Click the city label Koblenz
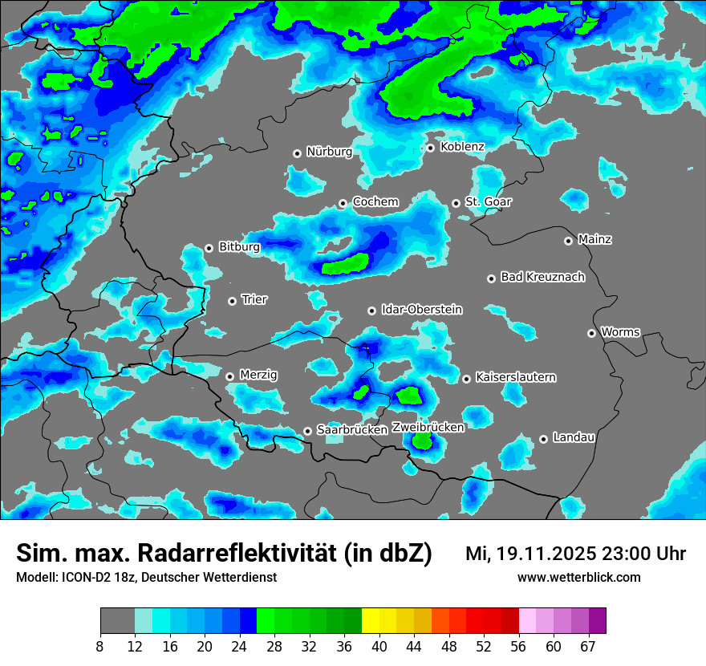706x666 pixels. pyautogui.click(x=462, y=147)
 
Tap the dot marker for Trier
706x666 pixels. pyautogui.click(x=232, y=301)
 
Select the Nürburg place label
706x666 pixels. pyautogui.click(x=329, y=152)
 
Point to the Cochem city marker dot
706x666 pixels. pyautogui.click(x=343, y=203)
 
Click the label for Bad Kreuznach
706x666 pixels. pyautogui.click(x=542, y=277)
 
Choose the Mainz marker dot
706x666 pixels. pyautogui.click(x=568, y=241)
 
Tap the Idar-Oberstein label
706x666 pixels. pyautogui.click(x=422, y=309)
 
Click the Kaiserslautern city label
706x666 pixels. pyautogui.click(x=515, y=377)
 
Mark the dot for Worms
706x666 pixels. pyautogui.click(x=591, y=333)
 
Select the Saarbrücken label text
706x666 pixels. pyautogui.click(x=352, y=430)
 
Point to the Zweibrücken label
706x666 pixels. pyautogui.click(x=428, y=428)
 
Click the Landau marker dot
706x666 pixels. pyautogui.click(x=543, y=438)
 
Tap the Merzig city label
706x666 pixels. pyautogui.click(x=259, y=376)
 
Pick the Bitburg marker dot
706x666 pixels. pyautogui.click(x=209, y=248)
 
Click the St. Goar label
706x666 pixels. pyautogui.click(x=488, y=202)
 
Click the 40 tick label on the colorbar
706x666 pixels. pyautogui.click(x=379, y=647)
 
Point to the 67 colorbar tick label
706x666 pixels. pyautogui.click(x=588, y=647)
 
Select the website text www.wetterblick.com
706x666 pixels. pyautogui.click(x=578, y=578)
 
